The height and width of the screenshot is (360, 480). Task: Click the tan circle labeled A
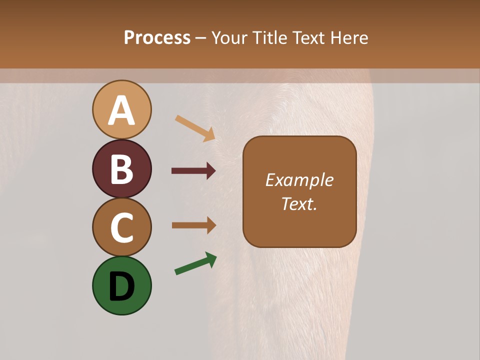coord(121,109)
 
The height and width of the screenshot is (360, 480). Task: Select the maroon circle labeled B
coord(121,168)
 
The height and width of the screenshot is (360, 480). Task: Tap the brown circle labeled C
coord(121,227)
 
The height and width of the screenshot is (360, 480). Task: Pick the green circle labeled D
coord(121,285)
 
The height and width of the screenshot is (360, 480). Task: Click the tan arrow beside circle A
coord(195,128)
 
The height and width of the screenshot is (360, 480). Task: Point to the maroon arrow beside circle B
coord(193,171)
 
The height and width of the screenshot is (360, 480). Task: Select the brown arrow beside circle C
coord(193,225)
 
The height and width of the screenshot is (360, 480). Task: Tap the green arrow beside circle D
coord(195,263)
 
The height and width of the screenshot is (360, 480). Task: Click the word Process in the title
coord(157,38)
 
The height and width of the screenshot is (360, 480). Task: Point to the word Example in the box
coord(299,180)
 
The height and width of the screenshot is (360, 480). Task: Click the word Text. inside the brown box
coord(299,204)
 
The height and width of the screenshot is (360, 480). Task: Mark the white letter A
coord(121,110)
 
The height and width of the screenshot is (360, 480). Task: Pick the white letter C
coord(121,227)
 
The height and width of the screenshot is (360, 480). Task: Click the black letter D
coord(121,286)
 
